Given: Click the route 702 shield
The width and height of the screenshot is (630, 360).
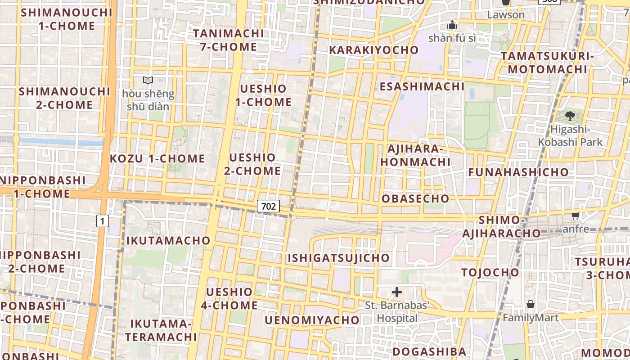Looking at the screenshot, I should pos(269,206).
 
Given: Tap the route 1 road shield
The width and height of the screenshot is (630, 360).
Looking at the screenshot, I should pos(103,221).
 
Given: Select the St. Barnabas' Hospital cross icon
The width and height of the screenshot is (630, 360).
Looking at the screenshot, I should pos(397,292).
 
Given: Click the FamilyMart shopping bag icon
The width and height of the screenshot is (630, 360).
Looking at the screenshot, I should pos(531,304).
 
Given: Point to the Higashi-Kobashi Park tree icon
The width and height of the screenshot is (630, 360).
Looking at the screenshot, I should pos(570,116).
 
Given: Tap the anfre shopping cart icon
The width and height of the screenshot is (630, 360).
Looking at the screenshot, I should pos(575,216).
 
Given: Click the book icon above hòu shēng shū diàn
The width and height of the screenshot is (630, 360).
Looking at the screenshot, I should pos(148,81).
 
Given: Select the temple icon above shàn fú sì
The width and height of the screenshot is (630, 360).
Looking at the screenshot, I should pos(452,25).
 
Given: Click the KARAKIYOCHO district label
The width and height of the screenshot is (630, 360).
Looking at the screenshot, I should pos(373,50).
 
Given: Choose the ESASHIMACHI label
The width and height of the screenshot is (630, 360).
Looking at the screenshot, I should pos(422,86).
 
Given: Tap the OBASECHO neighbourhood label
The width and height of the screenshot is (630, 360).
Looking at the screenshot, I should pos(415,198).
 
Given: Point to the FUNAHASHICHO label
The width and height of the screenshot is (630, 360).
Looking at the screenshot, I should pos(518,172).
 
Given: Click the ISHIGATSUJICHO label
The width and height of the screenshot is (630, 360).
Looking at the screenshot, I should pos(338,258).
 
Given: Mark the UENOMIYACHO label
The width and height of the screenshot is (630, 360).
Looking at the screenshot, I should pos(312,320).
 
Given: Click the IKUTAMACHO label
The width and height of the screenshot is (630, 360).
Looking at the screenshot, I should pos(168,240).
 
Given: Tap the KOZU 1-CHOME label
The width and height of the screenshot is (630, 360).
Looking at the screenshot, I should pos(157,158).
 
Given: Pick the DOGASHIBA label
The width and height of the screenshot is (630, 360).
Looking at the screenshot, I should pos(429,351).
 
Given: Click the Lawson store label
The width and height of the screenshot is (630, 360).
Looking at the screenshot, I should pos(506,15).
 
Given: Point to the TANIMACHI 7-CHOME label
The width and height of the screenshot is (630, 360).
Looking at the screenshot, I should pos(229,40).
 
